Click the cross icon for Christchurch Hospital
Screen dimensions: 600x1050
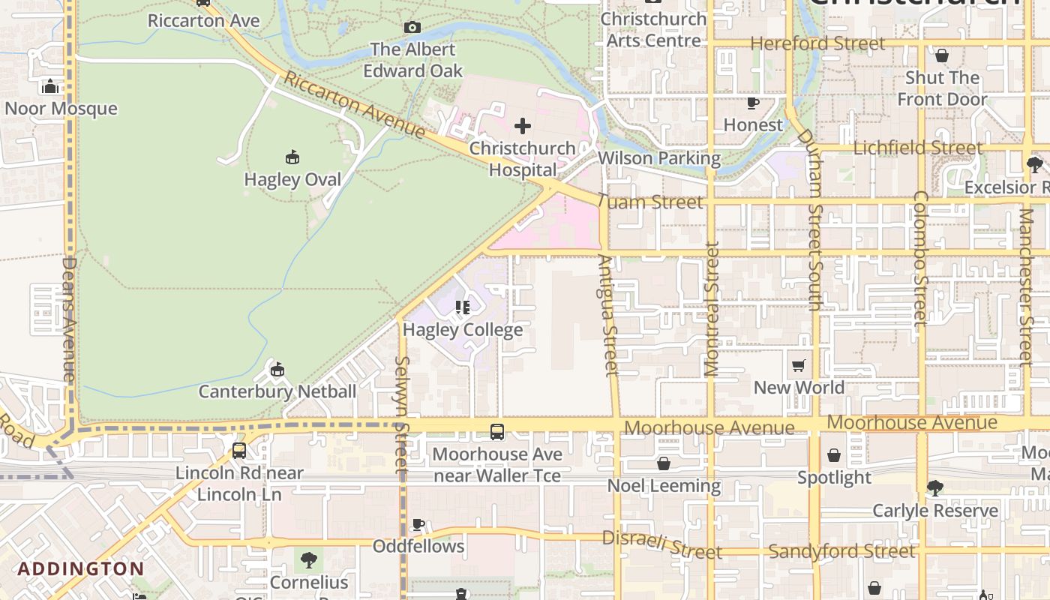coord(523,126)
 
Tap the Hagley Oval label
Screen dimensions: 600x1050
coord(292,179)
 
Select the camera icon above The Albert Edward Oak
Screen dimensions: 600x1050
coord(412,28)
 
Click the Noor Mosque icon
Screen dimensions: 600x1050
coord(50,87)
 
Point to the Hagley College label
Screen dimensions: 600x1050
coord(463,329)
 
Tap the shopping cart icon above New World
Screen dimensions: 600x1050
coord(799,366)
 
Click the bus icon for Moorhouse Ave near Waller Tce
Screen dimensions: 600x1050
coord(496,432)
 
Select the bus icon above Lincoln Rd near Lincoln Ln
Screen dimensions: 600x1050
coord(238,451)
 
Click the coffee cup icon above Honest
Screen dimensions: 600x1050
coord(753,103)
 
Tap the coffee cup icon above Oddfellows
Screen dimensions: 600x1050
coord(418,524)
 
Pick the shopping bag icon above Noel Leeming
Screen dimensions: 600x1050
coord(663,463)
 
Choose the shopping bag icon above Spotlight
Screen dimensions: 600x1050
coord(833,455)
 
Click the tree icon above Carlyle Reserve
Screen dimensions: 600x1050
coord(934,488)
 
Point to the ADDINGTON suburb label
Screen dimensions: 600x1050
coord(81,568)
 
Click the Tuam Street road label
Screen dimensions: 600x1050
coord(650,202)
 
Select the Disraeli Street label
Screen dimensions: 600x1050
coord(661,545)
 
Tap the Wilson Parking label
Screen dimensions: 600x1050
coord(658,158)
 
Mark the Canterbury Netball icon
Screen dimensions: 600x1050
coord(277,369)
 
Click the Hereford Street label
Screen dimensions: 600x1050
coord(817,43)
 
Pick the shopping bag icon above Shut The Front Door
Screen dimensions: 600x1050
coord(942,55)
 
